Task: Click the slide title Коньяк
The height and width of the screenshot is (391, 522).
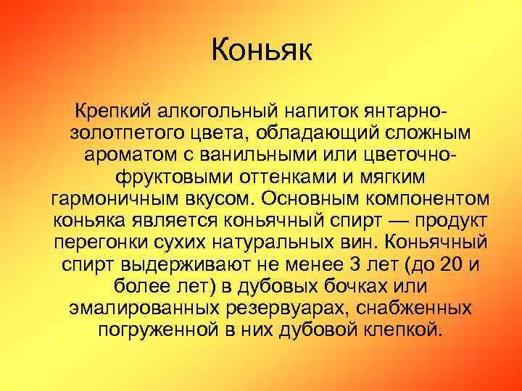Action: pyautogui.click(x=261, y=52)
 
